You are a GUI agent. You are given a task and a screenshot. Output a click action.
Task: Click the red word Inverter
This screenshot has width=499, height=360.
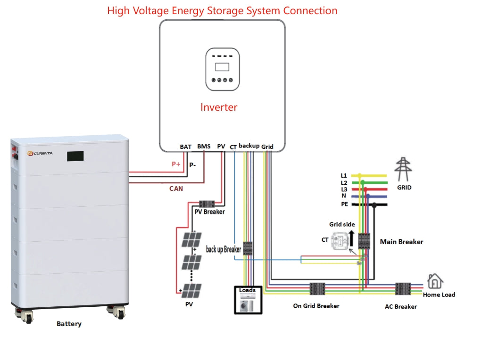coord(219,107)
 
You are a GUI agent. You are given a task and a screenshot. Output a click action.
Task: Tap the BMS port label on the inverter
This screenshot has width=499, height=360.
coord(204,147)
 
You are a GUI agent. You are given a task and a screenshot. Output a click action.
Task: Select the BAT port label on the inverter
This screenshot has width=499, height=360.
coord(186,147)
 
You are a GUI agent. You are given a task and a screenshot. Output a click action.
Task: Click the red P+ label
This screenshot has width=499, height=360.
coord(176,164)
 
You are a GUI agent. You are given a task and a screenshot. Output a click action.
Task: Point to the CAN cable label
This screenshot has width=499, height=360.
coord(176,188)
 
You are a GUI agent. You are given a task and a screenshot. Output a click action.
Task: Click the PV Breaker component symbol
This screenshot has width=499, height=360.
coord(207,204)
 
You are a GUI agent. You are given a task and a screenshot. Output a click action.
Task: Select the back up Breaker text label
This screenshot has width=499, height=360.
coord(223,249)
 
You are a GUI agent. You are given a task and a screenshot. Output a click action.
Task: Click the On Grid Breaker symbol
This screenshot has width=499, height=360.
coord(316,288)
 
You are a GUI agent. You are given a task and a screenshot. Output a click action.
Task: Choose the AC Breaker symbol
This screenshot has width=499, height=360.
coord(403,288)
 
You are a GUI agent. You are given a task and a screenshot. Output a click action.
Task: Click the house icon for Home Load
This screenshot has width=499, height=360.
coord(435,281)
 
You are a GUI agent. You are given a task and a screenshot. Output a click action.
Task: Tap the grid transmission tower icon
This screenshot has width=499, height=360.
coord(403,169)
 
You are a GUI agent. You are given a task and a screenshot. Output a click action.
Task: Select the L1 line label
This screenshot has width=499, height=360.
coord(344,176)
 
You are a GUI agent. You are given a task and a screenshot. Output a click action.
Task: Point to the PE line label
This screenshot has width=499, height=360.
coord(344,204)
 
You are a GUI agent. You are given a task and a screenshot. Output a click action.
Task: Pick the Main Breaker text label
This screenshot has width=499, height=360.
coord(401,242)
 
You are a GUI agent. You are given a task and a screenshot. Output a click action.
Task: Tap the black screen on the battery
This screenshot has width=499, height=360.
coord(75,155)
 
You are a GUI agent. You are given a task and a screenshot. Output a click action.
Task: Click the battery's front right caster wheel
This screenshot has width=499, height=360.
coord(117,312)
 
